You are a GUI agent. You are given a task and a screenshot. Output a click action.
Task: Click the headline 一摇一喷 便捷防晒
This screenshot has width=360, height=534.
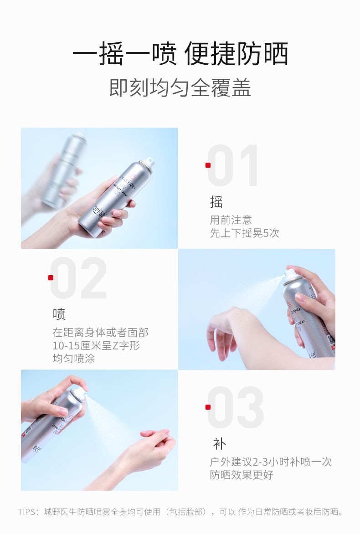[180, 53]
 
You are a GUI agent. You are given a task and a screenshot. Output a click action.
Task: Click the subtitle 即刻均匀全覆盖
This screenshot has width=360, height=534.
[180, 88]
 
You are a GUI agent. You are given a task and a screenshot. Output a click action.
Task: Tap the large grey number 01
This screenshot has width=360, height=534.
[233, 165]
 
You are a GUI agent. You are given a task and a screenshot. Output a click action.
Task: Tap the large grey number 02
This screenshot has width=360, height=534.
[78, 277]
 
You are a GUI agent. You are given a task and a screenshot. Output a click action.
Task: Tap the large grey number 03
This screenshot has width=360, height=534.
[236, 407]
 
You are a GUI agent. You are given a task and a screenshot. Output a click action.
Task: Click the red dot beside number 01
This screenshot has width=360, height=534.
[208, 165]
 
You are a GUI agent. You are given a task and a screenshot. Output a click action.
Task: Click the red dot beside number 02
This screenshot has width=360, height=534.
[51, 277]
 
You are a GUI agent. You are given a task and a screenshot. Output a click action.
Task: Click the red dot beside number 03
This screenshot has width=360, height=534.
[208, 407]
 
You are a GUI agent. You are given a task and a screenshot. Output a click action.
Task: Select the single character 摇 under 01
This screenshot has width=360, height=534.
[216, 202]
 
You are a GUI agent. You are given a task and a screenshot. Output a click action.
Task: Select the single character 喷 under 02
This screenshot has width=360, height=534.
[59, 314]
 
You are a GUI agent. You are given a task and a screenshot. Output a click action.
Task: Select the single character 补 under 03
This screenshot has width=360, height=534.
[219, 444]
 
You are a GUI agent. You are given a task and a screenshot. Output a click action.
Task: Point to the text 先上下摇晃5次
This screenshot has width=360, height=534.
[245, 233]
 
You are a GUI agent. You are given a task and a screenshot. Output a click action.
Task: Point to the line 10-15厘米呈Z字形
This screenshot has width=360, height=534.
[96, 345]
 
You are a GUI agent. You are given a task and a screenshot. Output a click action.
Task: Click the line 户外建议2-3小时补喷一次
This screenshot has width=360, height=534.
[271, 462]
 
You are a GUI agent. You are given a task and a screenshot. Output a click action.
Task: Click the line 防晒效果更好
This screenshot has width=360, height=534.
[242, 475]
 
